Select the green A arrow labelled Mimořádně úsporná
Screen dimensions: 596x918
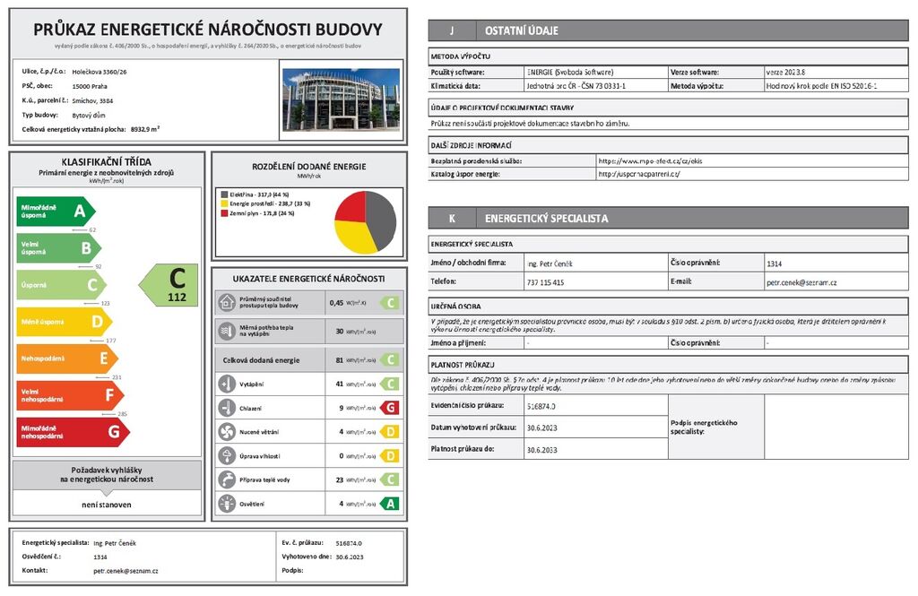coord(55,212)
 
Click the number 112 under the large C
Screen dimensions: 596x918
coord(178,297)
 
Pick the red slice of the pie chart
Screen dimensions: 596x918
coord(351,207)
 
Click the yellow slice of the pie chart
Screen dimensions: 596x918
coord(353,237)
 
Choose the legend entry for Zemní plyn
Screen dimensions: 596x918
coord(260,213)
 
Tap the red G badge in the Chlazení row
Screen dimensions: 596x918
coord(388,408)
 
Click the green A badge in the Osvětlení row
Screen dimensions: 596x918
coord(388,504)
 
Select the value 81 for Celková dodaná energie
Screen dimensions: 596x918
coord(340,360)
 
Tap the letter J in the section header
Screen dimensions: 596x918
coord(451,30)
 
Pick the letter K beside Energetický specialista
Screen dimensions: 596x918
coord(451,218)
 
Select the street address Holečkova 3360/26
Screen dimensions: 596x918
coord(99,70)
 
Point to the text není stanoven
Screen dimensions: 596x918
coord(106,505)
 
